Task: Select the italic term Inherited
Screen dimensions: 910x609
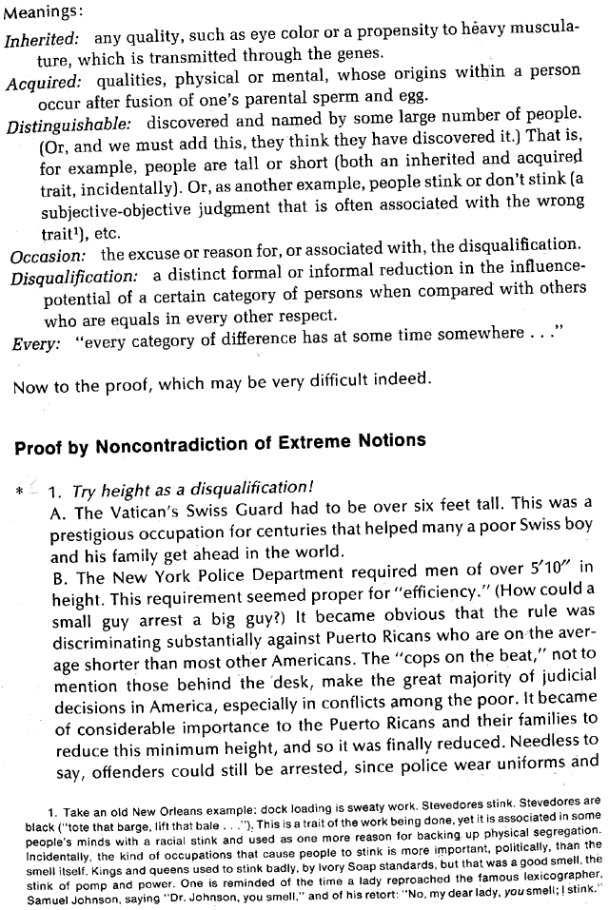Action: tap(41, 40)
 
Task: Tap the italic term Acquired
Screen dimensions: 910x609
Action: tap(42, 83)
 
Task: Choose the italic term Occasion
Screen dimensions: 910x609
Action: tap(48, 255)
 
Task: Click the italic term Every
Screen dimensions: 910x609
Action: tap(30, 342)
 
